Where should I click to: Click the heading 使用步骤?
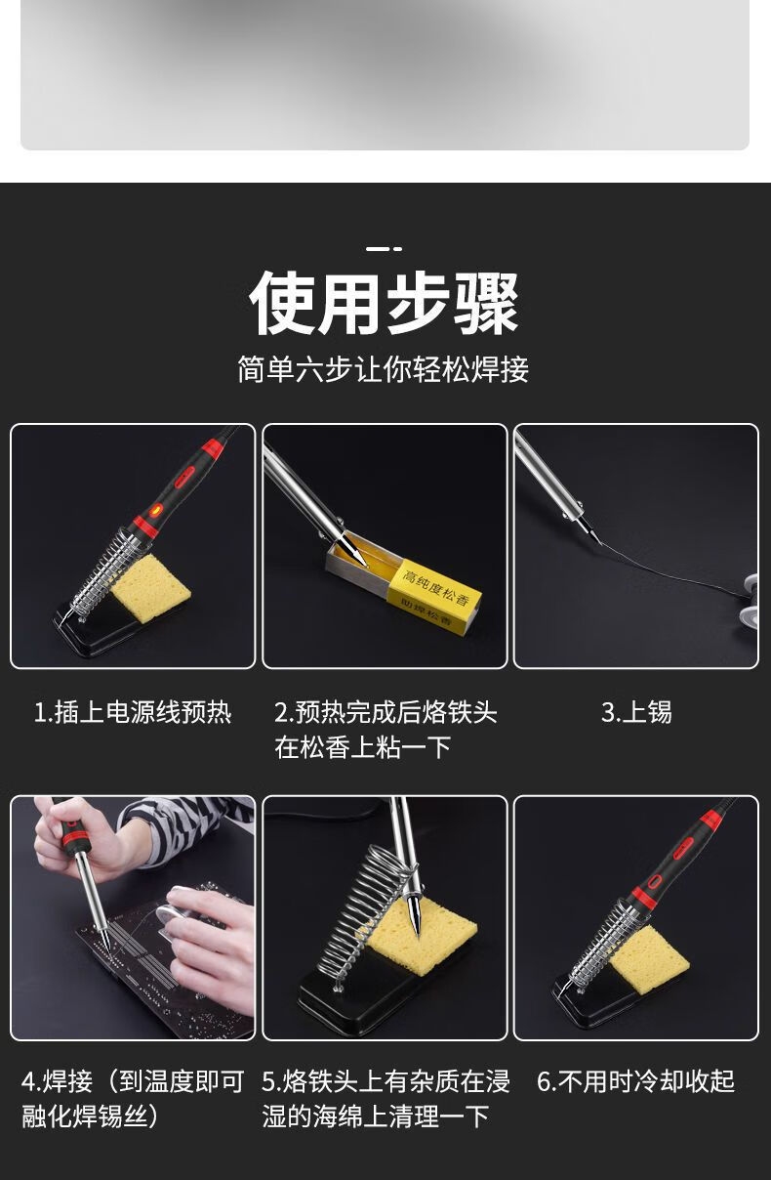point(385,304)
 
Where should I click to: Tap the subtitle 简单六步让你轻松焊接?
point(384,369)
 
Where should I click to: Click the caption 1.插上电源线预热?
point(133,712)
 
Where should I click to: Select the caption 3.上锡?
point(636,712)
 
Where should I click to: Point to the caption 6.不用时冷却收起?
point(635,1081)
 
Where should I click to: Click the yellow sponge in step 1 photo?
point(151,586)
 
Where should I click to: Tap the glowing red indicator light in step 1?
point(156,510)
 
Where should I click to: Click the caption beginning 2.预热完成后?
point(385,730)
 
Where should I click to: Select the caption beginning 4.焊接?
point(133,1098)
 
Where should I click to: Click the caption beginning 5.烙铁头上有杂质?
point(385,1098)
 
